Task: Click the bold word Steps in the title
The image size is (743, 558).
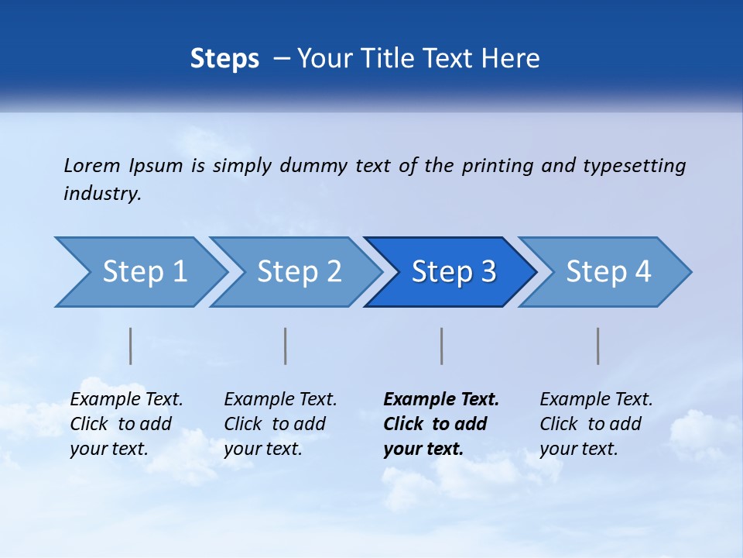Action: click(x=224, y=59)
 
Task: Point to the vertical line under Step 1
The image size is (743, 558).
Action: click(x=131, y=346)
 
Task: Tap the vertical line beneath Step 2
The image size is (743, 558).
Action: click(x=286, y=346)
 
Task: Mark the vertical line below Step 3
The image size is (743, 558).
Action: click(x=442, y=346)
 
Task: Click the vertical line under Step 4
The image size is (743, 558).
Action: click(x=598, y=346)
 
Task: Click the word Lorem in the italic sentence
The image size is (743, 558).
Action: click(x=92, y=166)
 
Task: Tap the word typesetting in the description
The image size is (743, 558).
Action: click(x=635, y=166)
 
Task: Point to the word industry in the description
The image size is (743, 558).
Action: click(x=102, y=194)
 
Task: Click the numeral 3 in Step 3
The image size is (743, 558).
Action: click(x=488, y=272)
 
